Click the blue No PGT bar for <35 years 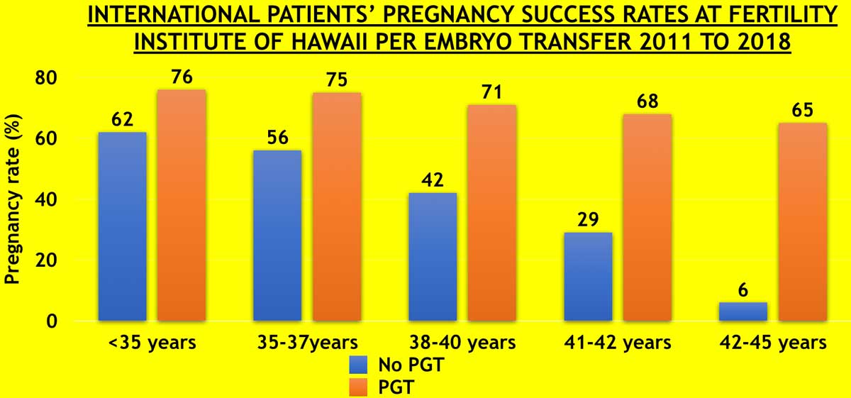pyautogui.click(x=122, y=226)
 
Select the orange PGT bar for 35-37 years pyautogui.click(x=337, y=206)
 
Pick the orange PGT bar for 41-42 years pyautogui.click(x=647, y=217)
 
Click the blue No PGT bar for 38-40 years pyautogui.click(x=433, y=256)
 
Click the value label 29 pyautogui.click(x=588, y=220)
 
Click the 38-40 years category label pyautogui.click(x=462, y=343)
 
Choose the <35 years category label pyautogui.click(x=152, y=343)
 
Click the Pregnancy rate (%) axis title pyautogui.click(x=12, y=199)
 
